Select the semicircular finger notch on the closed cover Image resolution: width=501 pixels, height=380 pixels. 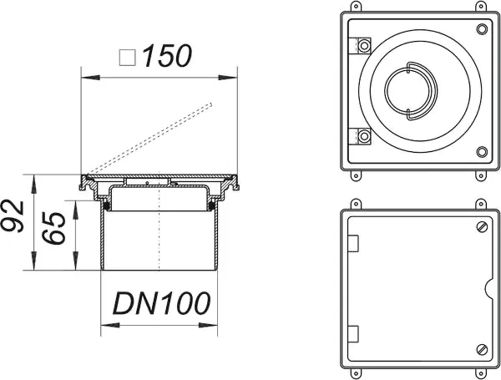click(x=488, y=287)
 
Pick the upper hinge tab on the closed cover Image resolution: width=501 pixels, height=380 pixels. click(x=352, y=243)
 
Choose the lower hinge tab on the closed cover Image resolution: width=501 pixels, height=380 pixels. click(x=352, y=333)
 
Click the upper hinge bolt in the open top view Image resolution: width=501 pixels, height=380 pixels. click(x=365, y=43)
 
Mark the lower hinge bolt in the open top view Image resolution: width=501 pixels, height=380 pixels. click(x=365, y=135)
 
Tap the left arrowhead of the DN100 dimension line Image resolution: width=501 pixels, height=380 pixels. click(x=104, y=323)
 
